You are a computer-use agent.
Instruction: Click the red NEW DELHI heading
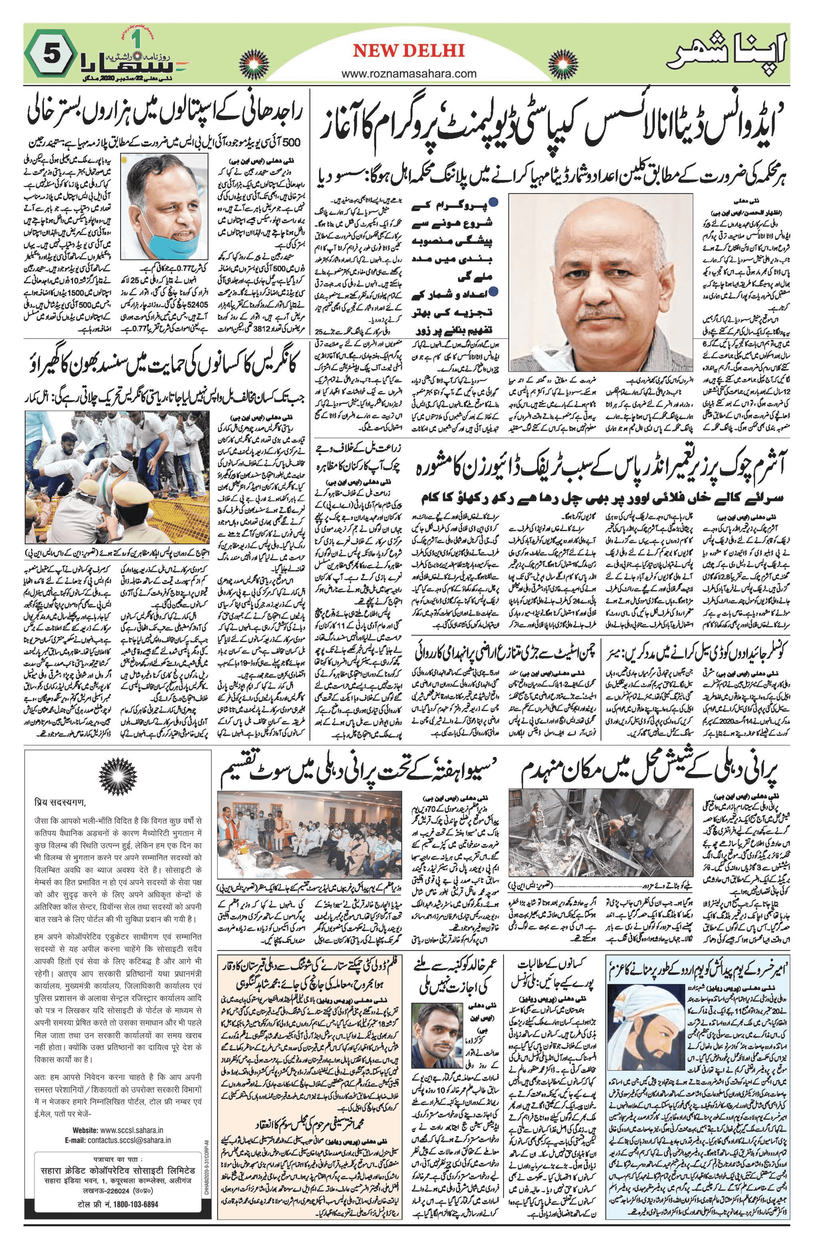tap(408, 50)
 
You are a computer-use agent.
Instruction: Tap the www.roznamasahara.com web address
tap(408, 74)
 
